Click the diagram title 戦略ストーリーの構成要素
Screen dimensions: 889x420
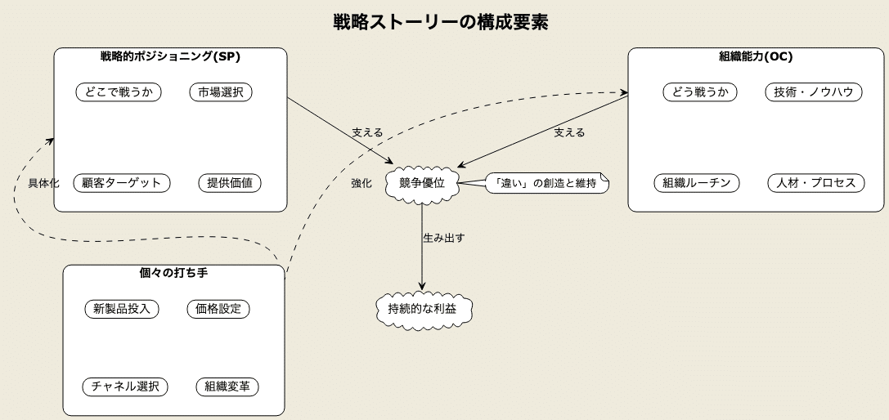pos(441,22)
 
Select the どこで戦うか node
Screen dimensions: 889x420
pos(119,92)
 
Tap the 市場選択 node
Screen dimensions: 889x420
pos(221,92)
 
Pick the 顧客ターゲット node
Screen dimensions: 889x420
pos(122,183)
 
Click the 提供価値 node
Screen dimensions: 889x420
pos(230,183)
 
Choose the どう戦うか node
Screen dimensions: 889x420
pos(700,92)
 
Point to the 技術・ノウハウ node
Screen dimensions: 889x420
pos(814,92)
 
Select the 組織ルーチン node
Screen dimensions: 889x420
pos(697,183)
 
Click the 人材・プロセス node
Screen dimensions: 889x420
pos(816,183)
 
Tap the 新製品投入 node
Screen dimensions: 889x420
pos(121,309)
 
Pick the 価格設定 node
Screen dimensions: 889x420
pos(218,309)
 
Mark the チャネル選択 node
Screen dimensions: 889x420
pos(125,386)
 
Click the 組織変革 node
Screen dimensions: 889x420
pos(227,386)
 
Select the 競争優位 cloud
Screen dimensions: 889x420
pos(422,183)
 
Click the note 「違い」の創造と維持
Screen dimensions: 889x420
pos(546,183)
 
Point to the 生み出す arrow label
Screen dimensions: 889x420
pos(444,238)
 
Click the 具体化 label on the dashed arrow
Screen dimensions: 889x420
pos(43,183)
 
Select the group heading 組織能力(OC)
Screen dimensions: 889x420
pos(756,56)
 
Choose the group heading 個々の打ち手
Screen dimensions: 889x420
pos(173,273)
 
